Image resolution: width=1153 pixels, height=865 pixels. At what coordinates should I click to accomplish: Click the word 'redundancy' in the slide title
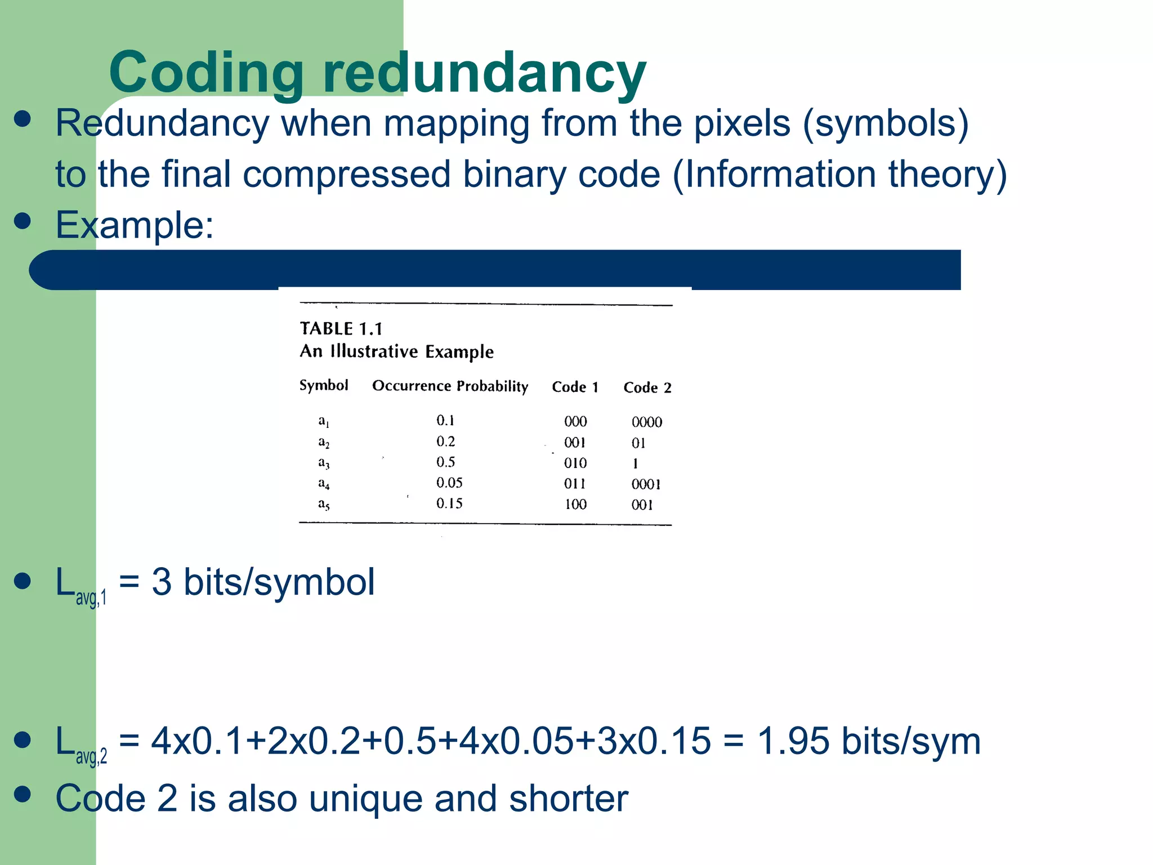[x=484, y=73]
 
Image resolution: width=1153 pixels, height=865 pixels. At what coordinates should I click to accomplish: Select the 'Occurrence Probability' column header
[x=450, y=386]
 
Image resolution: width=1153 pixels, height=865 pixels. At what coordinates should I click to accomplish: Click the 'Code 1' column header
[x=575, y=387]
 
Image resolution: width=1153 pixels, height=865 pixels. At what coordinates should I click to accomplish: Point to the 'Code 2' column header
[x=647, y=387]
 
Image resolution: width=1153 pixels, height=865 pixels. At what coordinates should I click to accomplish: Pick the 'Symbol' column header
[x=324, y=385]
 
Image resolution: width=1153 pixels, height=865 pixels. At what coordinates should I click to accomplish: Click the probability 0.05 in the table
[x=449, y=483]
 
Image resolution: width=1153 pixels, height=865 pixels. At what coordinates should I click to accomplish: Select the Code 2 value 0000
[x=646, y=422]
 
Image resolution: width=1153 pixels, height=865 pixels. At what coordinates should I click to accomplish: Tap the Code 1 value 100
[x=575, y=504]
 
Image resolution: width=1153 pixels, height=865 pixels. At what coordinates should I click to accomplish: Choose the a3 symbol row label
[x=324, y=463]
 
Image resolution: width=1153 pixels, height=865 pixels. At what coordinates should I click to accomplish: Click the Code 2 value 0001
[x=646, y=484]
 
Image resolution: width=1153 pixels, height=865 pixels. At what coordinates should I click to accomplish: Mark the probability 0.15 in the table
[x=449, y=503]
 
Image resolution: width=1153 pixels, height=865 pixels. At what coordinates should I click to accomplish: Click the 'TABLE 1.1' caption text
[x=341, y=328]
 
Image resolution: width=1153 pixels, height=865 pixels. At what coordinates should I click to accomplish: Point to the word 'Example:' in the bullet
[x=135, y=225]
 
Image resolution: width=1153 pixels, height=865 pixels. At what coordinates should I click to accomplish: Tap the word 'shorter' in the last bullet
[x=568, y=798]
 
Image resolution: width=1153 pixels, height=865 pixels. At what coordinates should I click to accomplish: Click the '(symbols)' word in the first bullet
[x=886, y=123]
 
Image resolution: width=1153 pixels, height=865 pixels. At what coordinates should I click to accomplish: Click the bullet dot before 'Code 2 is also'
[x=23, y=794]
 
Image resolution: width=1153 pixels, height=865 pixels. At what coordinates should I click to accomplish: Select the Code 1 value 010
[x=575, y=463]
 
